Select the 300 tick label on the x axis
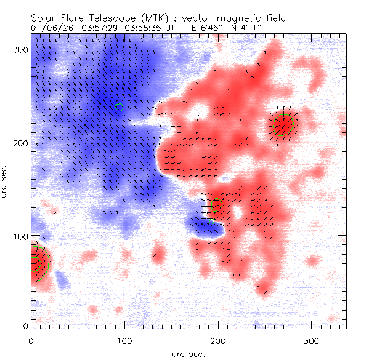311,340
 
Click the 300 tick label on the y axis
20,49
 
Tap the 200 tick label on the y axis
20,143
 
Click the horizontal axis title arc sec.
188,353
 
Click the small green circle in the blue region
120,108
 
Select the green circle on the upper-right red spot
283,125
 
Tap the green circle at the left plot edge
37,263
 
